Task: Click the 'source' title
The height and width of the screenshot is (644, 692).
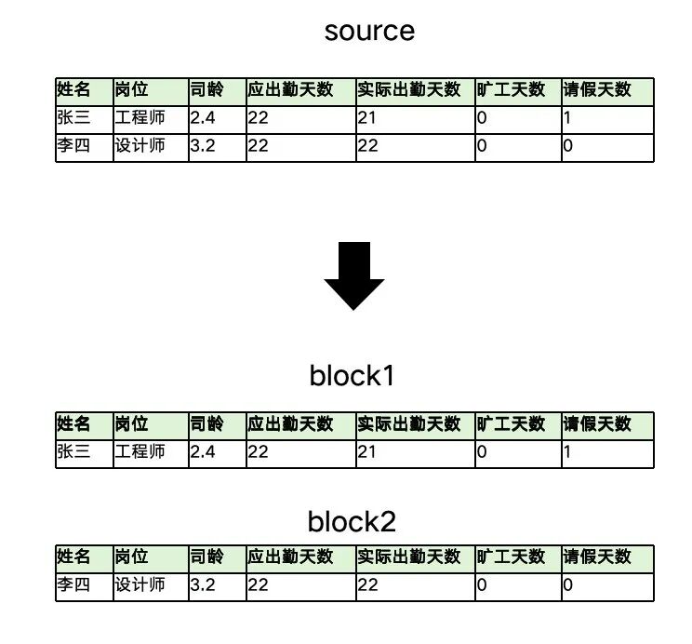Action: [x=369, y=31]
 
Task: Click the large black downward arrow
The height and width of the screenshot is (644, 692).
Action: [x=353, y=275]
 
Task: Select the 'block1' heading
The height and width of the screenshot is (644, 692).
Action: [x=353, y=376]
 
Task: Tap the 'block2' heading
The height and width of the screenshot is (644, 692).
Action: [x=353, y=521]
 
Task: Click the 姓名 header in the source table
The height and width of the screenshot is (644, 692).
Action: [x=74, y=90]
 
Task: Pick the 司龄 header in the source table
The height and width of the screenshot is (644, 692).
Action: [x=206, y=90]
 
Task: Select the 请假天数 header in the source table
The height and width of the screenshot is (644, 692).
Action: [x=597, y=90]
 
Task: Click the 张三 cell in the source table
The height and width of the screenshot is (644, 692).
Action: [x=73, y=118]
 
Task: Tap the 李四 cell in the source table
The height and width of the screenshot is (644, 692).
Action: [x=73, y=146]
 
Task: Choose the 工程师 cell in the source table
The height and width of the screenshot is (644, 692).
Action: [x=140, y=118]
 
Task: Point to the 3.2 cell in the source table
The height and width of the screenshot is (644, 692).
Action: [x=203, y=146]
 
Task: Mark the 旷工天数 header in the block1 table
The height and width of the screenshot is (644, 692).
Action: [x=511, y=424]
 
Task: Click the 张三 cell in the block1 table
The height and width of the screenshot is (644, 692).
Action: [x=73, y=452]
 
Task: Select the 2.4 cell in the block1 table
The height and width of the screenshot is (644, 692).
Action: [x=203, y=452]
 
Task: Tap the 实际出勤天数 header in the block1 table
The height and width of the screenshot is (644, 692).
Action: [x=408, y=424]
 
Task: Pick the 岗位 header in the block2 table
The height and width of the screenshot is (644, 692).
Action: [x=131, y=557]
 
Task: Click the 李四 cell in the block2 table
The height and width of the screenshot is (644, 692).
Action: [x=73, y=585]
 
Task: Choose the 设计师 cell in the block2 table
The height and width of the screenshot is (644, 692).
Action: [x=140, y=585]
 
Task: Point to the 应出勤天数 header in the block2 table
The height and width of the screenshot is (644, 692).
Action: [x=290, y=557]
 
